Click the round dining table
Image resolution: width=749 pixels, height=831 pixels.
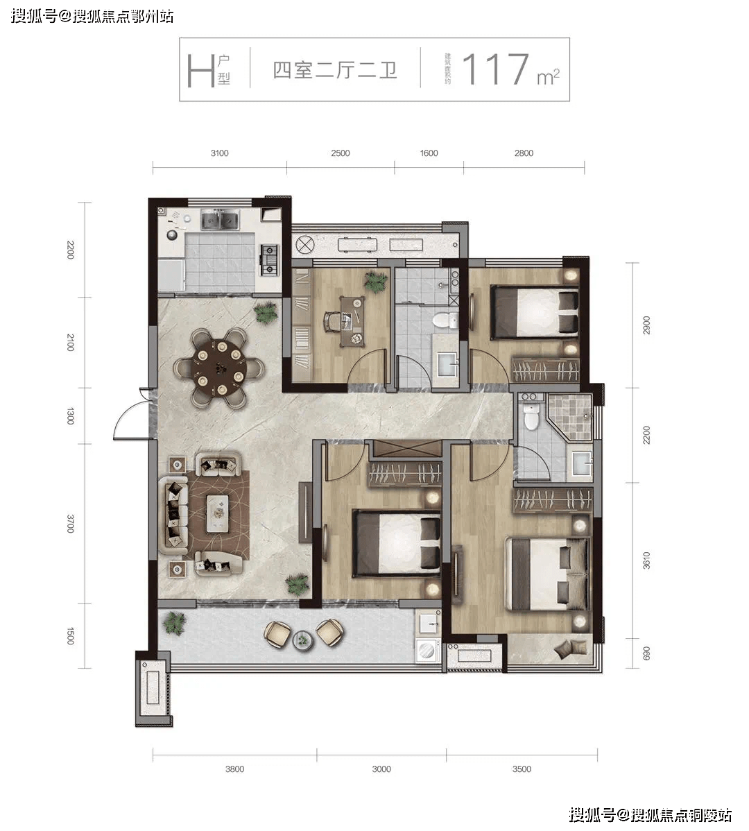click(220, 368)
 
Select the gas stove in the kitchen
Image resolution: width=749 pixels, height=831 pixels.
click(269, 259)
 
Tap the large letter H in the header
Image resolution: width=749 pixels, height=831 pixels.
click(200, 71)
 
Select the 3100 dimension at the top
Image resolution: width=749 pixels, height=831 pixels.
click(219, 153)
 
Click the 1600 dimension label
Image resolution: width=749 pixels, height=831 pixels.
click(429, 153)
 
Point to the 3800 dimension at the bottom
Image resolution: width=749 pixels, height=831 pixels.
click(234, 769)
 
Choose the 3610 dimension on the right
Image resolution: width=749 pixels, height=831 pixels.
click(646, 560)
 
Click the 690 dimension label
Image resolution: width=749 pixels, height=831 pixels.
click(646, 653)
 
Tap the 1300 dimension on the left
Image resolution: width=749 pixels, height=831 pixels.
click(70, 415)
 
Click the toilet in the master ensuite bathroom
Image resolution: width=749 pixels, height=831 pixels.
click(530, 414)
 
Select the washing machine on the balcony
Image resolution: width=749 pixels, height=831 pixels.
click(427, 650)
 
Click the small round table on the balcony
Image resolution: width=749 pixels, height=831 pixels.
click(303, 640)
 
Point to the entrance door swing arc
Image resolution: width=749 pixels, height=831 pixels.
click(119, 417)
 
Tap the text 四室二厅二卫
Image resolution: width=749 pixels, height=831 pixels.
click(335, 71)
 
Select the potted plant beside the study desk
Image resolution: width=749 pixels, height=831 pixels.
click(375, 281)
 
